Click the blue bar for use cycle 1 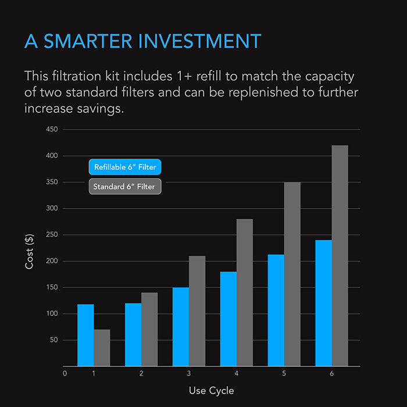tap(85, 335)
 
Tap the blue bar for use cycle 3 tap(181, 327)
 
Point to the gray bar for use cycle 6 tap(340, 256)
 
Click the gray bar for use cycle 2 tap(149, 329)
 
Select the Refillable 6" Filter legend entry tap(125, 167)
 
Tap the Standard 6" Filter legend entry tap(124, 187)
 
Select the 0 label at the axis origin tap(65, 373)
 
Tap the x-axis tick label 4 tap(237, 373)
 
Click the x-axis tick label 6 tap(331, 373)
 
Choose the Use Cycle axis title tap(212, 390)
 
